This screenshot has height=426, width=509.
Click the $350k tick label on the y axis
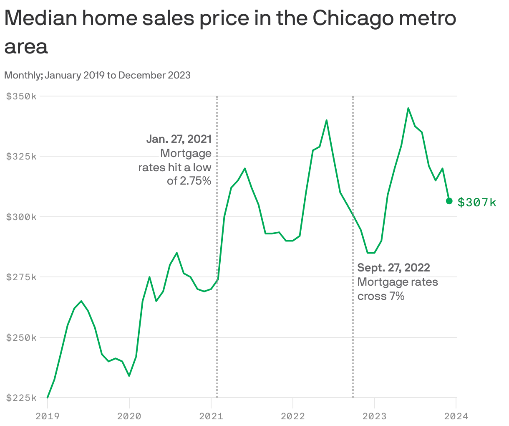click(x=21, y=96)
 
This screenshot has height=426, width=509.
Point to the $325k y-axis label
click(x=21, y=157)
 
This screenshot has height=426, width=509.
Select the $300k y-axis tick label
click(x=21, y=217)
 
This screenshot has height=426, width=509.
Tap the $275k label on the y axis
click(x=21, y=277)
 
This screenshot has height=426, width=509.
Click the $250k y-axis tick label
click(x=21, y=337)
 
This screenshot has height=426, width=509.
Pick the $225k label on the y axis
click(x=21, y=398)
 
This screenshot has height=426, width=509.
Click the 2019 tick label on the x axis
click(x=48, y=416)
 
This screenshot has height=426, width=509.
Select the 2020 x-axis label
click(x=129, y=416)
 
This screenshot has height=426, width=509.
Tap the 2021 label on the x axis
click(x=211, y=416)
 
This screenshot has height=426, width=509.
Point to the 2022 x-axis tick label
click(x=293, y=416)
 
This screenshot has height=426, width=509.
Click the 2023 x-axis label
click(x=375, y=416)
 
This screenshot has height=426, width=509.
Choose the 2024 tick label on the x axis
click(x=456, y=416)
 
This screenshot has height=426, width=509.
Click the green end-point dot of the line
click(x=449, y=201)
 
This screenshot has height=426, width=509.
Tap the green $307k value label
click(x=477, y=203)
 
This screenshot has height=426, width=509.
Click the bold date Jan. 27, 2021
click(x=179, y=139)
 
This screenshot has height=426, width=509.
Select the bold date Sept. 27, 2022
click(x=393, y=267)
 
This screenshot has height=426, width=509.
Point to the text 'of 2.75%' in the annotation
click(x=189, y=181)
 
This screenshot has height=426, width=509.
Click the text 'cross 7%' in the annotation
click(x=381, y=296)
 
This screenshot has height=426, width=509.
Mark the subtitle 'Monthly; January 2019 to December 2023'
click(x=97, y=75)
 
